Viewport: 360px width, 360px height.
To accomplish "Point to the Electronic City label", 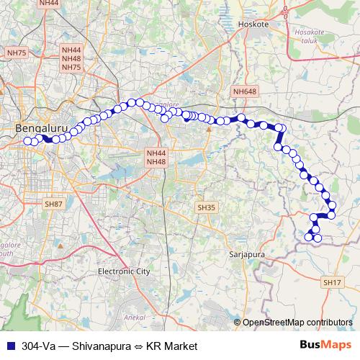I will [x=123, y=271].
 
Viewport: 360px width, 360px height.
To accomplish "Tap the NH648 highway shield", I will [x=244, y=91].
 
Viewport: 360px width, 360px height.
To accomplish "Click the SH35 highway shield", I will [x=206, y=207].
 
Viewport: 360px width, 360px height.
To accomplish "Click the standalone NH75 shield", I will [x=16, y=53].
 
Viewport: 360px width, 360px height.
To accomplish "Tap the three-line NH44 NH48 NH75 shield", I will [x=71, y=58].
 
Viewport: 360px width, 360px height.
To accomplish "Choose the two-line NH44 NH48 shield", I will [x=156, y=158].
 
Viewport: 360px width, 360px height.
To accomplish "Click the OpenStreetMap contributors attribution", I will [x=298, y=322].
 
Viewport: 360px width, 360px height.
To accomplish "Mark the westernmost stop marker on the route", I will [x=28, y=140].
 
